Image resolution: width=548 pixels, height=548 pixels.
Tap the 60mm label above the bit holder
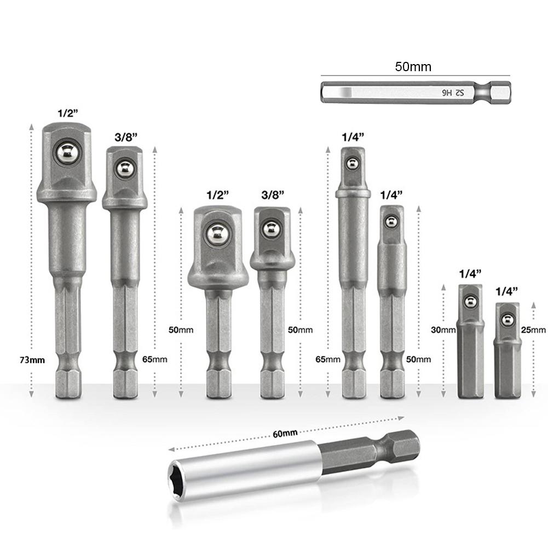point(285,433)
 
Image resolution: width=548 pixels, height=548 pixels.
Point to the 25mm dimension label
point(535,330)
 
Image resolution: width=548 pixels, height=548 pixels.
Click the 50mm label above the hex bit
point(413,67)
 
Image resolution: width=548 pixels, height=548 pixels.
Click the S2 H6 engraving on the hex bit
point(453,93)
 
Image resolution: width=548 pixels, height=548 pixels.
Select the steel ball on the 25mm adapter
point(508,319)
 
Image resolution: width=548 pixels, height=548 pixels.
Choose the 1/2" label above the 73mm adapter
point(68,113)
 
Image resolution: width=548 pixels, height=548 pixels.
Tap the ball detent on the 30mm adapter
point(470,301)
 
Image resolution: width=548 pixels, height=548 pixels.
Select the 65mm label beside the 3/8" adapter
point(156,360)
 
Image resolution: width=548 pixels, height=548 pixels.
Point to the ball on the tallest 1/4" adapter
point(353,163)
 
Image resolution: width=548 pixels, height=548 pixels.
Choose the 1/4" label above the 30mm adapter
point(469,273)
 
